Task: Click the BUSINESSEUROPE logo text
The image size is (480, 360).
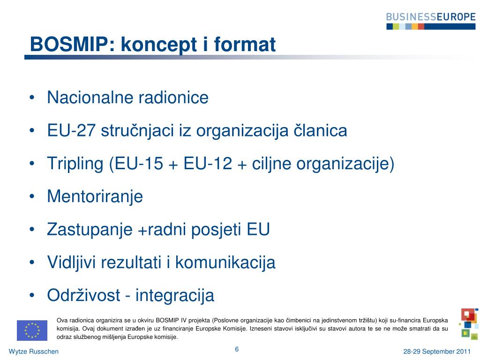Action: pos(431,16)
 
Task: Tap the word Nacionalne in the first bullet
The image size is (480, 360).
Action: pos(90,97)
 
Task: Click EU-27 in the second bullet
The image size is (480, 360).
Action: pos(71,130)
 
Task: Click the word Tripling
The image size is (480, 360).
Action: pos(75,164)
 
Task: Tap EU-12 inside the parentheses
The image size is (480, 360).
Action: pos(208,163)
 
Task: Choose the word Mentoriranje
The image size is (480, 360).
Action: pos(95,196)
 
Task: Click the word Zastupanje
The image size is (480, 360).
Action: pos(90,230)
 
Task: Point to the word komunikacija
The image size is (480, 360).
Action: pos(225,262)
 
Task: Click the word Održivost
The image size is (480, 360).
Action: pos(83,295)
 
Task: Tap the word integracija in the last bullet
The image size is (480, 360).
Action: pos(175,296)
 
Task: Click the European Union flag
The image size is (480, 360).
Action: pos(32,330)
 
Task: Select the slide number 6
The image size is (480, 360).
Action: pos(237,349)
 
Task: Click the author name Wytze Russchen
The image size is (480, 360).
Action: pos(34,352)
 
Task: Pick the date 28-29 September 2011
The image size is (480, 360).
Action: pos(437,352)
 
